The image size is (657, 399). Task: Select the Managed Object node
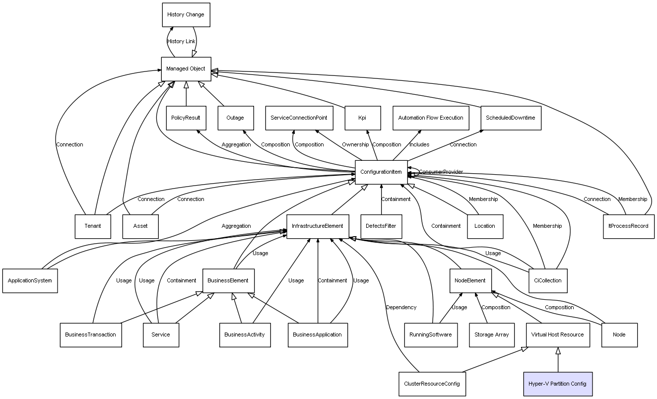(x=186, y=69)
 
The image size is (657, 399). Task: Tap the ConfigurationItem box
(x=381, y=172)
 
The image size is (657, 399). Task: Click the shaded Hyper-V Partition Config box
(x=557, y=384)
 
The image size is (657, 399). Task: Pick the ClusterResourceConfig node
(x=432, y=384)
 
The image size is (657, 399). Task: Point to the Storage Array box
(x=491, y=334)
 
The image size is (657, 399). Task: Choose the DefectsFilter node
(x=381, y=226)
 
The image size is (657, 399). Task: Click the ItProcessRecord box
(x=628, y=226)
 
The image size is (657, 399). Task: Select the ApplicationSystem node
(x=30, y=280)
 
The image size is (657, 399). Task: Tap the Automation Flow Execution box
(x=431, y=118)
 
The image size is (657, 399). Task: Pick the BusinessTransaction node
(x=90, y=334)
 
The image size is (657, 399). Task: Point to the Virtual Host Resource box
(x=557, y=334)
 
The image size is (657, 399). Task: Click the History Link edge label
(x=181, y=42)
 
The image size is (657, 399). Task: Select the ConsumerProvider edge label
(x=441, y=172)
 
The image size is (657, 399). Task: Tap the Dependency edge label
(x=401, y=308)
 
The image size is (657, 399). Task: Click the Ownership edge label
(x=355, y=145)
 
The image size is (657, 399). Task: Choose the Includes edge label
(x=419, y=145)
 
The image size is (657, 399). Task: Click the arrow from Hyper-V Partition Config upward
(x=558, y=360)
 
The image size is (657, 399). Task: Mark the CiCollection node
(x=547, y=280)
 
